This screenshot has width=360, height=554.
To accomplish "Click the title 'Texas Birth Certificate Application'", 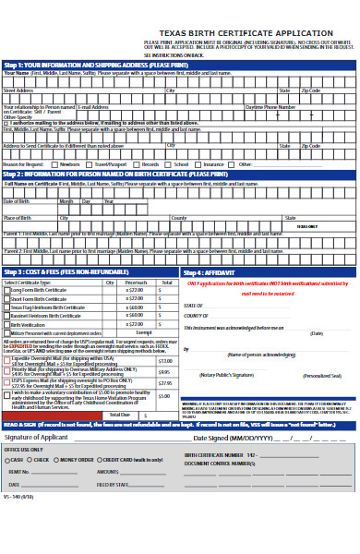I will (x=246, y=32).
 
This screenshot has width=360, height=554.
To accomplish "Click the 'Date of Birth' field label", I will (x=17, y=200).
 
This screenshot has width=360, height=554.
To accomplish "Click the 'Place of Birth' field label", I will (x=18, y=218).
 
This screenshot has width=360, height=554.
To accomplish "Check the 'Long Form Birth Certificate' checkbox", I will (x=6, y=290).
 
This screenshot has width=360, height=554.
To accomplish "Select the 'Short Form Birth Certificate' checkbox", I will (x=6, y=298).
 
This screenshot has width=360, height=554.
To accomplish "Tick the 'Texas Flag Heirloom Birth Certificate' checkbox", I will (x=6, y=307).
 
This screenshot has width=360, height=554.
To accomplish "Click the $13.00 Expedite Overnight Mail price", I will (x=164, y=361).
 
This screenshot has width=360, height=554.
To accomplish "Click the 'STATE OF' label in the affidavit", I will (x=193, y=306).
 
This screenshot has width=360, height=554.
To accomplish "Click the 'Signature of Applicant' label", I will (x=36, y=437).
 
